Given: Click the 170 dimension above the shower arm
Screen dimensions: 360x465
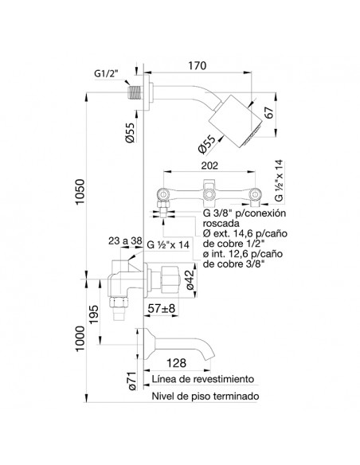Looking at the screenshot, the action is [x=198, y=65].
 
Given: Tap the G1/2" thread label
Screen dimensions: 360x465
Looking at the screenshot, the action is [x=106, y=73].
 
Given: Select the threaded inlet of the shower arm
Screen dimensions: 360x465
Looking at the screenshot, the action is [x=135, y=93].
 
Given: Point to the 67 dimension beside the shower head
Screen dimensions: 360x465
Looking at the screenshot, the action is [x=269, y=112].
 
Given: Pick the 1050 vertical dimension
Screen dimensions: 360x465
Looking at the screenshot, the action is [x=80, y=192].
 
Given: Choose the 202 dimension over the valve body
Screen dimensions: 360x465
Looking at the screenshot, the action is [x=209, y=166].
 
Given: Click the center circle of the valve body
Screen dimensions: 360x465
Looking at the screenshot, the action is [x=209, y=195].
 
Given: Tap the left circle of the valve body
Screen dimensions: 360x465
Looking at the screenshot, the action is [x=163, y=194].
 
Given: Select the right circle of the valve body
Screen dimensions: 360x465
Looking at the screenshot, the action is [x=255, y=194].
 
